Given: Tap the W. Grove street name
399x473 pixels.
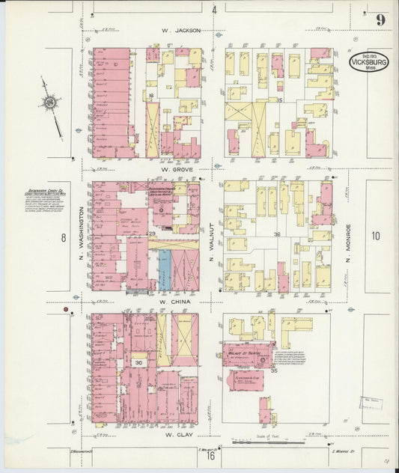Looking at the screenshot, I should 177,170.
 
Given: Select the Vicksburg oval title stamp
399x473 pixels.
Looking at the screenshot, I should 368,61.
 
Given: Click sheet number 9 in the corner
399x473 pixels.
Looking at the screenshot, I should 380,20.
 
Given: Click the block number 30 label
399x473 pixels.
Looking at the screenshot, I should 138,362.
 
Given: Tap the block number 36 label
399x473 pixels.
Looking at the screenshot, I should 276,234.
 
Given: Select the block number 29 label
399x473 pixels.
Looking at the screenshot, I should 151,234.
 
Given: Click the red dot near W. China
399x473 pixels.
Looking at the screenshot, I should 66,309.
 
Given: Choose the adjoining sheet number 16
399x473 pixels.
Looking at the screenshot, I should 212,455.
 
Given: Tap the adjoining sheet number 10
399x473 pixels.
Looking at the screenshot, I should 374,236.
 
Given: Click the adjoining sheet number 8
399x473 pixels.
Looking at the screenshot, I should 64,239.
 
